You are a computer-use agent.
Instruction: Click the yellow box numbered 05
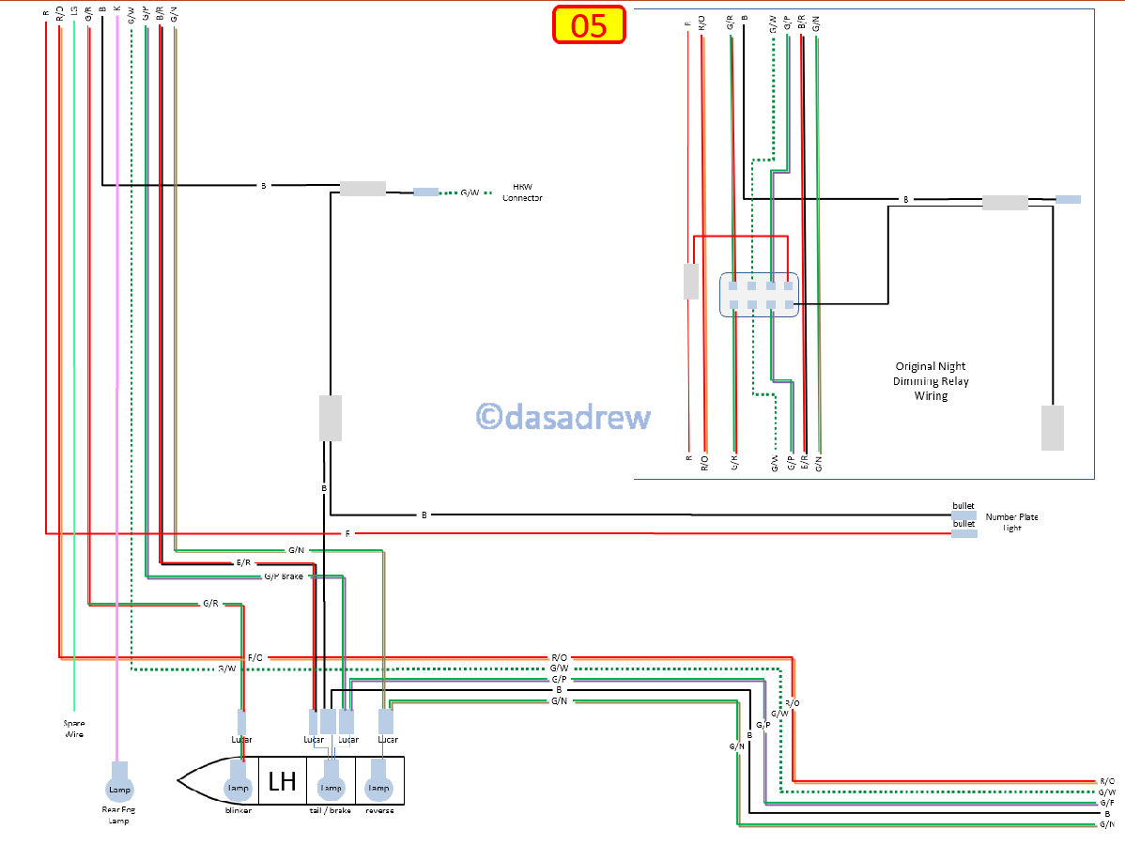[589, 25]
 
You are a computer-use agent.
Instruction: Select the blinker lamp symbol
[238, 787]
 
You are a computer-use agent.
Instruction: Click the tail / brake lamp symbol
[331, 787]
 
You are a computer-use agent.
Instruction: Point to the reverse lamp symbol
[378, 787]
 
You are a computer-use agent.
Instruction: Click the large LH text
[282, 781]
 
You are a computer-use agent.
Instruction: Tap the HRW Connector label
[522, 192]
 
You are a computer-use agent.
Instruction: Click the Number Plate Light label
[1011, 522]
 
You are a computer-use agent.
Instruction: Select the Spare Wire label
[73, 729]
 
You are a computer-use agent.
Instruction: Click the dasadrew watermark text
[563, 416]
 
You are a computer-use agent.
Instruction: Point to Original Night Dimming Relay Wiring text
[931, 380]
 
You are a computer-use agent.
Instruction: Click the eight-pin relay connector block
[759, 295]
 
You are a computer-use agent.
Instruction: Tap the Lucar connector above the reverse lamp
[385, 721]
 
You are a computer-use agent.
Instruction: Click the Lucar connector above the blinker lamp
[241, 722]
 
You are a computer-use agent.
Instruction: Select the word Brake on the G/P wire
[292, 576]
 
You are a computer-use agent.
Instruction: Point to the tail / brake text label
[331, 810]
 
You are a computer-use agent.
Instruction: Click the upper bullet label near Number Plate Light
[963, 506]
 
